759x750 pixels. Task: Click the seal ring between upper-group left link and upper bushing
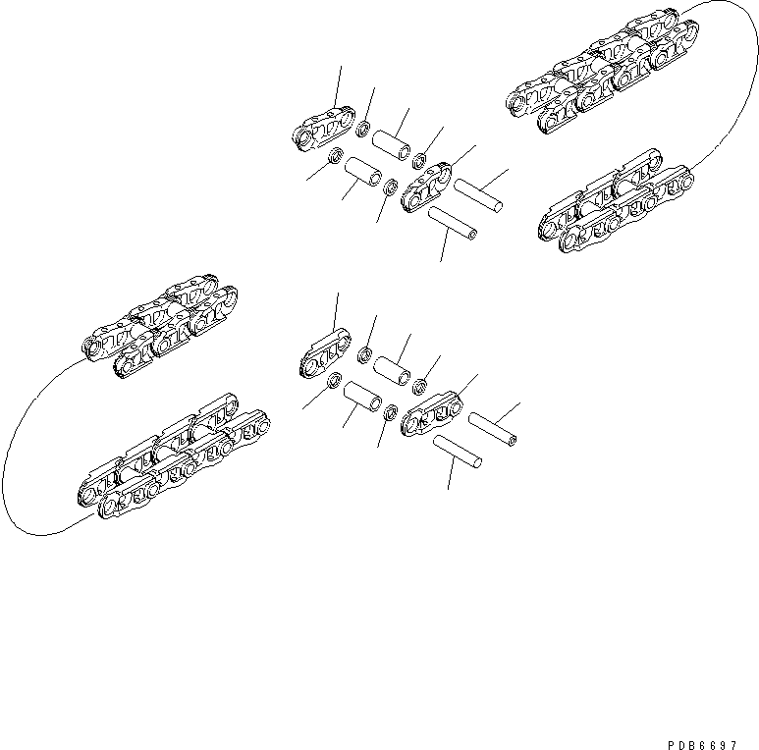click(x=362, y=128)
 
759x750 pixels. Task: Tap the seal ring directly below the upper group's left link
click(x=335, y=155)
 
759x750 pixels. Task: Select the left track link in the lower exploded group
click(x=322, y=356)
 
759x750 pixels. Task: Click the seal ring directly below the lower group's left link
click(x=334, y=381)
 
